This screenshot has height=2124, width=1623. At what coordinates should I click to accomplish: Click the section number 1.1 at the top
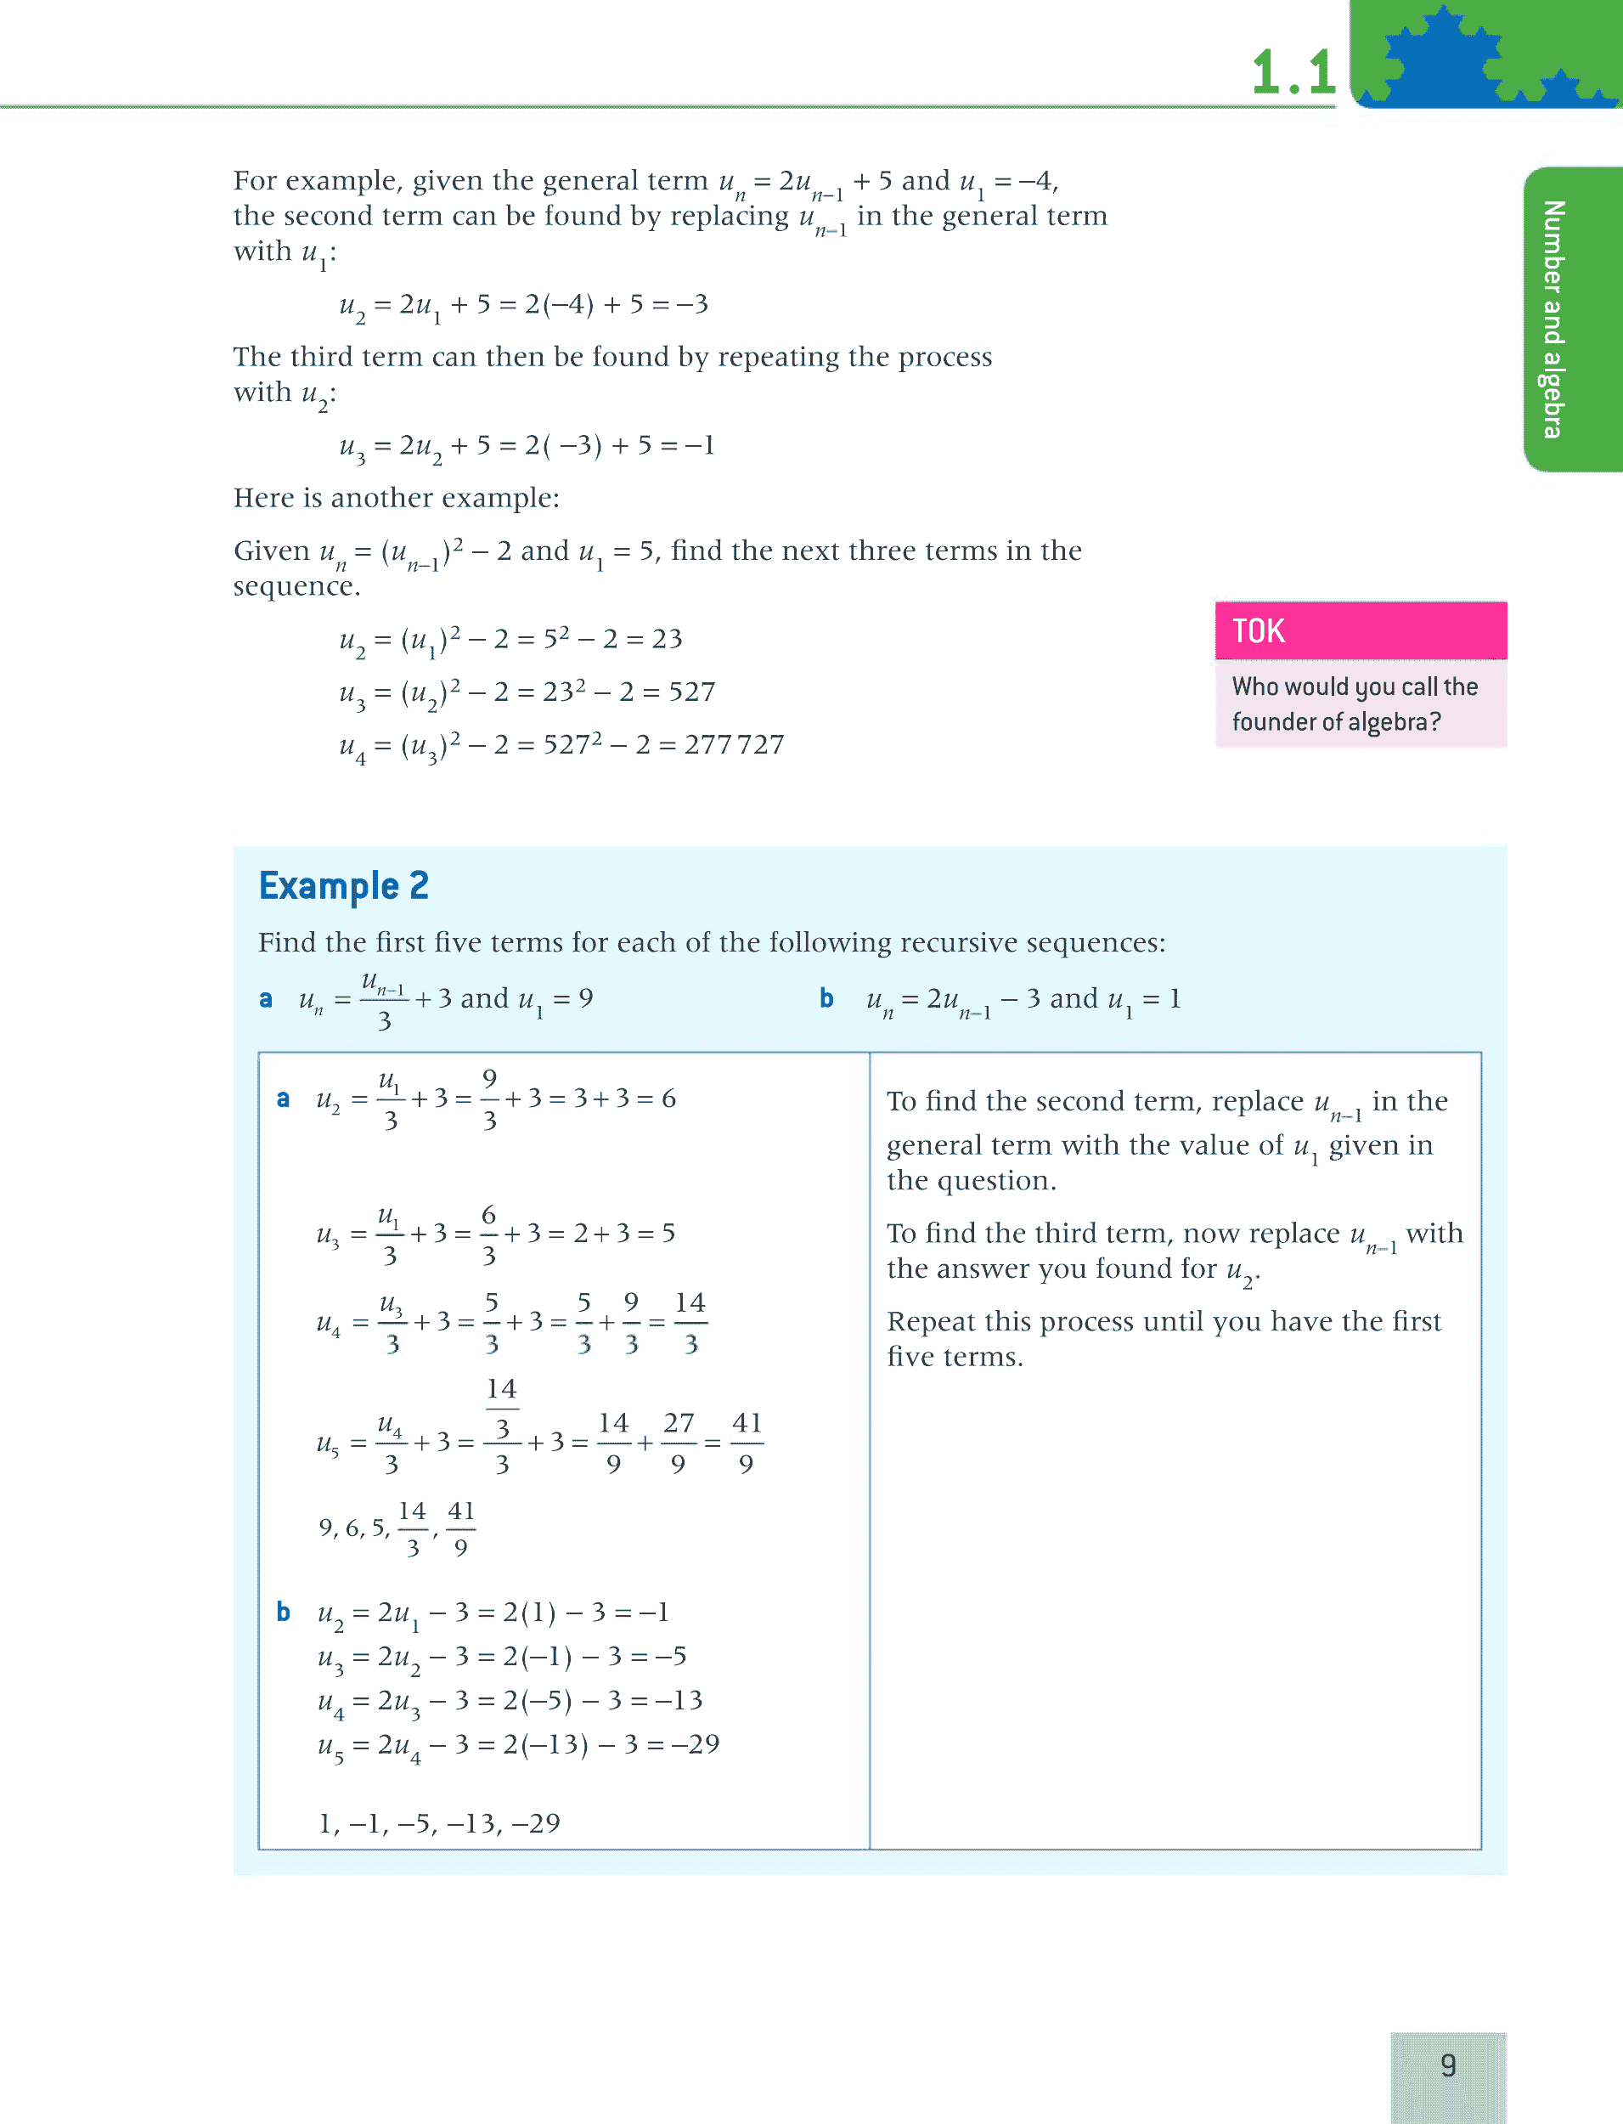point(1293,72)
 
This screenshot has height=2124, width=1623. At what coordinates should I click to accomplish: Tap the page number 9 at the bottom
point(1447,2065)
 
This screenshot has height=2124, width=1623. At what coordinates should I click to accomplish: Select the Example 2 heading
point(343,885)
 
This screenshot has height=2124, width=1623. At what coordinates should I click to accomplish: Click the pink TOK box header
point(1361,630)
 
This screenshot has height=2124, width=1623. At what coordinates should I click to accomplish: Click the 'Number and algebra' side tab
point(1553,319)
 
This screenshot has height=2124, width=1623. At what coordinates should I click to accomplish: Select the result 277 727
point(734,744)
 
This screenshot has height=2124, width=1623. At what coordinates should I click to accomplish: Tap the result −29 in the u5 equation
point(696,1744)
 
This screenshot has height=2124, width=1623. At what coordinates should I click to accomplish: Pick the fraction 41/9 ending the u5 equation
point(746,1443)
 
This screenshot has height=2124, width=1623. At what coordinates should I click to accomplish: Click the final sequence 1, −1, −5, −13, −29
point(440,1823)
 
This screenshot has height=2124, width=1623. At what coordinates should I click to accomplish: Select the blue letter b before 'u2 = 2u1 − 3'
point(283,1612)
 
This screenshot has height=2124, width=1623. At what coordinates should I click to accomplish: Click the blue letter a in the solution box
point(283,1099)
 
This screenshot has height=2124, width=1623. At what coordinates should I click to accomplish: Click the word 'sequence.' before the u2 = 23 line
point(296,586)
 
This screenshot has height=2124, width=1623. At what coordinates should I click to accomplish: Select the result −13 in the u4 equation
point(679,1701)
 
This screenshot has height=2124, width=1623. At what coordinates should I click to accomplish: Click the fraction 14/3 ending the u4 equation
point(690,1322)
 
